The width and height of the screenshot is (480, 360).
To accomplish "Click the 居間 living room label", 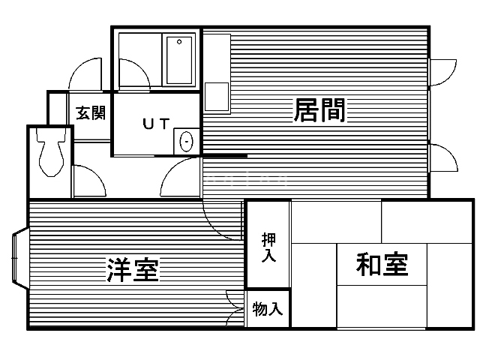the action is coord(319,110).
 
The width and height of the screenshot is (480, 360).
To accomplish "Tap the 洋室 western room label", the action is coord(133,270).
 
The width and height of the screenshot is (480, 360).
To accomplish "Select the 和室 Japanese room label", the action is coord(382,264).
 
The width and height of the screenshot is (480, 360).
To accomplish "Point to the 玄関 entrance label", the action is coord(91,113).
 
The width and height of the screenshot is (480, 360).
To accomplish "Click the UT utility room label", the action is coord(156,124).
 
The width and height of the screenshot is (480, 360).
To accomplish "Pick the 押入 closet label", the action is coord(268,247).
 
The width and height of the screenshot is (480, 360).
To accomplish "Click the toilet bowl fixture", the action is coord(51,152).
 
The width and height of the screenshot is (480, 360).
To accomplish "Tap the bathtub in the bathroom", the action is coord(179,60).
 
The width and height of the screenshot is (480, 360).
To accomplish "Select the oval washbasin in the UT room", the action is coord(186,142).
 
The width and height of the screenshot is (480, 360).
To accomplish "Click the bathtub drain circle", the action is coord(179,42).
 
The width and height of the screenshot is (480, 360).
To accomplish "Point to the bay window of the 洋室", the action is coord(20,258).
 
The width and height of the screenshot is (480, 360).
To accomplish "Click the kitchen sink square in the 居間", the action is coord(217,97).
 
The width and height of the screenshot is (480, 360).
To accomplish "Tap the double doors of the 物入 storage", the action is coord(235,308).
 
